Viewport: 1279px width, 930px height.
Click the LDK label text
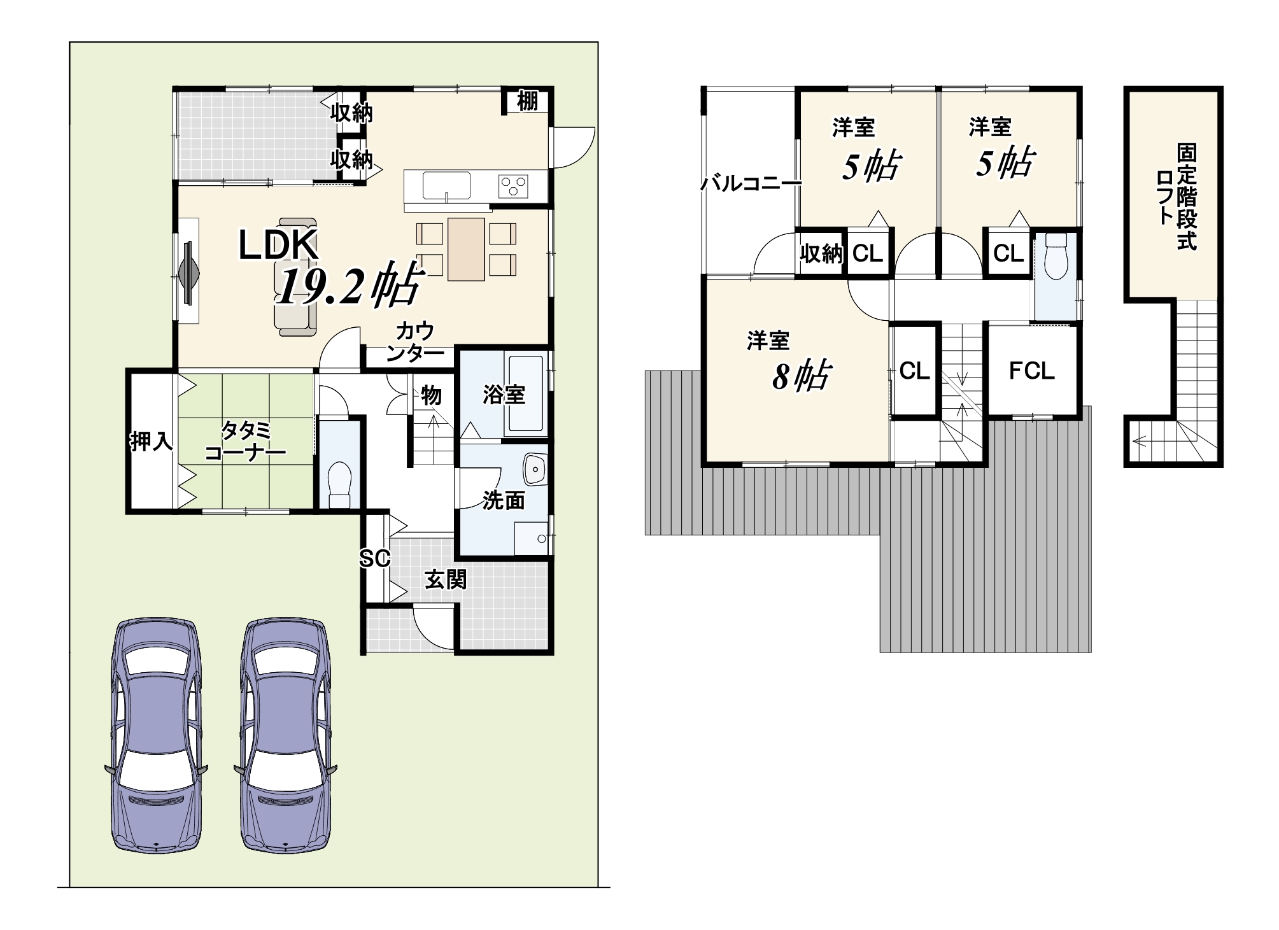tap(278, 245)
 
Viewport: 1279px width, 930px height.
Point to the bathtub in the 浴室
tap(525, 394)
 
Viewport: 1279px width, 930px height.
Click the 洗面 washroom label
tap(504, 500)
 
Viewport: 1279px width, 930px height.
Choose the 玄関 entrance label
tap(446, 579)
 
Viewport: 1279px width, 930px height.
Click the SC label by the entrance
tap(374, 559)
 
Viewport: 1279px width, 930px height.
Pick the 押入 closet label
tap(152, 440)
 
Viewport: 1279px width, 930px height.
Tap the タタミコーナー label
tap(245, 441)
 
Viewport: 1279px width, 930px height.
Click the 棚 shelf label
tap(527, 101)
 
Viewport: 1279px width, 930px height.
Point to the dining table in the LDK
tap(467, 249)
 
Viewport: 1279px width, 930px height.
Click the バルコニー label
tap(751, 185)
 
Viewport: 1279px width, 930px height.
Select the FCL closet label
tap(1032, 370)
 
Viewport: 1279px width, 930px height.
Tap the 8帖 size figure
tap(802, 376)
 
